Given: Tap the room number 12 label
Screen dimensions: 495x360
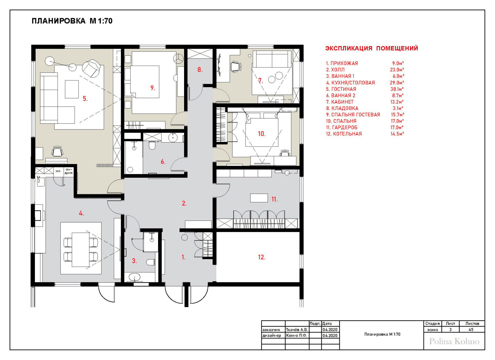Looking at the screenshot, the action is coord(261,257).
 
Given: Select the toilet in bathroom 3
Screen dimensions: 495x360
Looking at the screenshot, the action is coord(151,262).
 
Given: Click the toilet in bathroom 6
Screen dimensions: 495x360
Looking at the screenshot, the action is coord(152,146).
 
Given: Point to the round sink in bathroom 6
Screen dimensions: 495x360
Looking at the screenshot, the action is coord(173,138).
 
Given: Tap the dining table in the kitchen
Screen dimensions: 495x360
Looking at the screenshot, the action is coord(81,249).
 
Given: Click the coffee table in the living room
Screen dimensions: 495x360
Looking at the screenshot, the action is coord(72,89).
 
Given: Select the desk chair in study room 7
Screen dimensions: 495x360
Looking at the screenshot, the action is coord(235,66).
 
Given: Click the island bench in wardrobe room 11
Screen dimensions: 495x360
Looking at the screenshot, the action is coord(259,198).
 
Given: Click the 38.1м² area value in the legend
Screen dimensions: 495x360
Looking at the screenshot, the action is coord(397,89).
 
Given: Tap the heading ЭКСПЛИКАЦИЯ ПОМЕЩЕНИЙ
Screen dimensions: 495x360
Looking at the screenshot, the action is coord(372,48).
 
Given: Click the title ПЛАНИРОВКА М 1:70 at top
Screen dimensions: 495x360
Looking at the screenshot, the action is coord(72,21).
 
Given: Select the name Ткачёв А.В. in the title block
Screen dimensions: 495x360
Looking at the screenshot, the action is coord(297,329).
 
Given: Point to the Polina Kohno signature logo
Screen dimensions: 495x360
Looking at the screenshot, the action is coord(454,341).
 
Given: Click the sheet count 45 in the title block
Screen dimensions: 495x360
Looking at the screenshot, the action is coord(471,329).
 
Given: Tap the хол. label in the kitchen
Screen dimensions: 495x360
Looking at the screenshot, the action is coord(58,171).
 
